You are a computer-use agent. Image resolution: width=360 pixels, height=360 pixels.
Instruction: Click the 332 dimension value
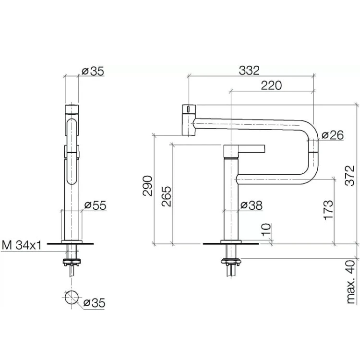coord(249,71)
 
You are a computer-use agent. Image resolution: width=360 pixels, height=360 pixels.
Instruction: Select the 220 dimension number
coord(271,85)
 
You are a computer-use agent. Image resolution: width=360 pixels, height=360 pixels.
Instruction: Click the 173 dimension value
coord(328,210)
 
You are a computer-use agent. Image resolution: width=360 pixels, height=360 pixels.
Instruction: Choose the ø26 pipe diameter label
coord(333,135)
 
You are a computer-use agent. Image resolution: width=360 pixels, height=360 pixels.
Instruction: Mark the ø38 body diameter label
coord(251,205)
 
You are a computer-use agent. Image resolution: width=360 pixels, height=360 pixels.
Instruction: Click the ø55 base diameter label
coord(96,205)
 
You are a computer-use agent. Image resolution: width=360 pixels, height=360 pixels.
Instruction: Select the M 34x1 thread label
coord(22,245)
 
